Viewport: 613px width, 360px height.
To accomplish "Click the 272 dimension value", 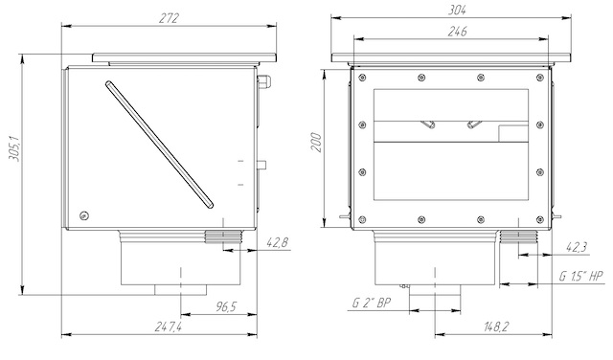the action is (169, 18).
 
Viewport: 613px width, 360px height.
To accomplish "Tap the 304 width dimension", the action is (457, 10).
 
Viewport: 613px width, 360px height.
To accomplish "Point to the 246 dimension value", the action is (457, 32).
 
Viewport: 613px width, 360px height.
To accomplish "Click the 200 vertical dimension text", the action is (316, 143).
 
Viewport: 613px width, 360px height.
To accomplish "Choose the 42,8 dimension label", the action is (277, 243).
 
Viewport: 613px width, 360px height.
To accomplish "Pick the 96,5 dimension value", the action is (226, 306).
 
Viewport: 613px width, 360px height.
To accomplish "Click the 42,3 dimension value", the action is (577, 247).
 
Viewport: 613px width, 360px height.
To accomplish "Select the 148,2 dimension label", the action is (494, 326).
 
